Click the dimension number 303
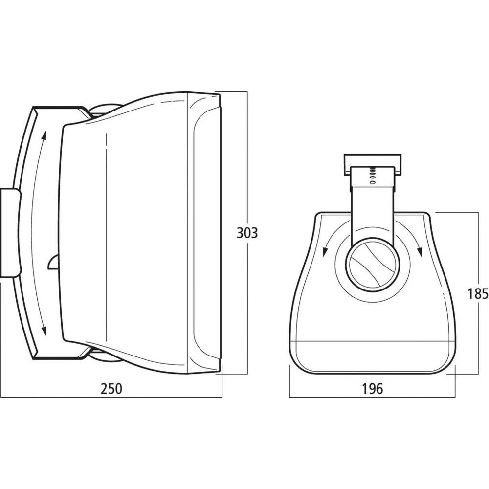(x=246, y=233)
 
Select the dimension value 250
(x=111, y=389)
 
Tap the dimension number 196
(x=373, y=389)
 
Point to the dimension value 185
(x=478, y=293)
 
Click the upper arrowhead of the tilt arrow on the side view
(x=45, y=135)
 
